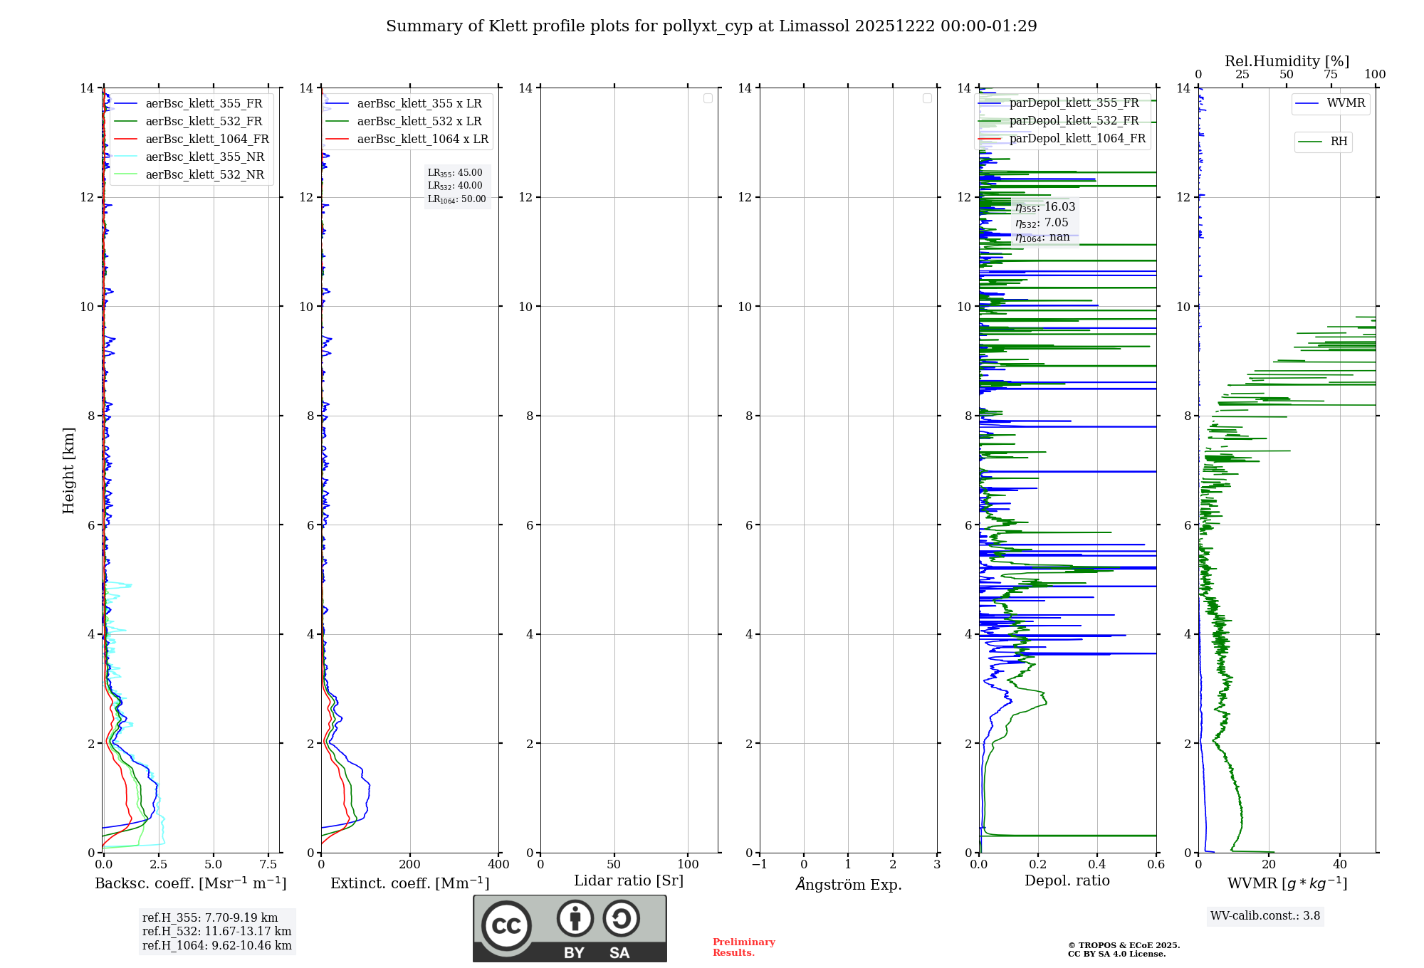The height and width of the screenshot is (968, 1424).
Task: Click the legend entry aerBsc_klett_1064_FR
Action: (207, 140)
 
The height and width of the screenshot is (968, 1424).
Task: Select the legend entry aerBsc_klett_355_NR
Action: (204, 157)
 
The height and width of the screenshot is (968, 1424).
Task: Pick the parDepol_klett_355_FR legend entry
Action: (1074, 103)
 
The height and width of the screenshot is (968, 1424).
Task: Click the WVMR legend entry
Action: (1346, 103)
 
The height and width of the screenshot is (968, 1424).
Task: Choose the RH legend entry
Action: (1339, 142)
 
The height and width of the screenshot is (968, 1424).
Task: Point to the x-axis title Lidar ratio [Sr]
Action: (629, 881)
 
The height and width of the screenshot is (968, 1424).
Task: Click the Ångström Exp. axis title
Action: (849, 885)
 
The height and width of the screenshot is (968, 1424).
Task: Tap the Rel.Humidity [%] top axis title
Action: (1287, 61)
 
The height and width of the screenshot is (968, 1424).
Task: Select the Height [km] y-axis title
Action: (68, 470)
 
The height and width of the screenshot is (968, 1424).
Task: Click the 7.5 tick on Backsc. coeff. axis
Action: (268, 865)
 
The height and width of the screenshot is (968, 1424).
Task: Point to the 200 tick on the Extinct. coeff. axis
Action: (410, 865)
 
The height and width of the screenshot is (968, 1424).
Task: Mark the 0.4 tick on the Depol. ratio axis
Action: (1097, 865)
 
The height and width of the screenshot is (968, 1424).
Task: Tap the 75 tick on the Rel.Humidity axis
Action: (1331, 75)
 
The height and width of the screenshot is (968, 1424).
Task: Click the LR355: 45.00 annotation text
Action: (455, 173)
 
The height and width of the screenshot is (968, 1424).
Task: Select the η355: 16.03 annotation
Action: (1045, 207)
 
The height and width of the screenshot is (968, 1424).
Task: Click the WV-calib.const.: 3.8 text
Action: (1265, 916)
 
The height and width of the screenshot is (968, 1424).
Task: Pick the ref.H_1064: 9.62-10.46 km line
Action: (217, 946)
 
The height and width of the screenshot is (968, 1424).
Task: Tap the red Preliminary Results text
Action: (743, 947)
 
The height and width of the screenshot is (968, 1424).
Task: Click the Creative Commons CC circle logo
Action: (506, 926)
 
